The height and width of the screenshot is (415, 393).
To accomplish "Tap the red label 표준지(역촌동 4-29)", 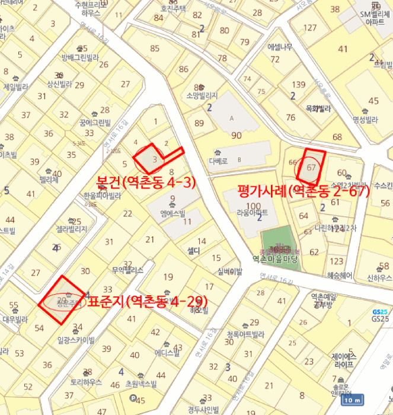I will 148,302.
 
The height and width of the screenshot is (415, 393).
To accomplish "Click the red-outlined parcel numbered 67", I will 312,167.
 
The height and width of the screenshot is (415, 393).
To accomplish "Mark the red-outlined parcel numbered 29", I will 61,300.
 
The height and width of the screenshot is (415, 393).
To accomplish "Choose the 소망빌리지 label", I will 202,95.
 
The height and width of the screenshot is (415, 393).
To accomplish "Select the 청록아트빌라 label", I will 245,334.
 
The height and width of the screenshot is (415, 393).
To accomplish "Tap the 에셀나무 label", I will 279,46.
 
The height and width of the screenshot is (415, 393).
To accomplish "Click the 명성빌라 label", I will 365,119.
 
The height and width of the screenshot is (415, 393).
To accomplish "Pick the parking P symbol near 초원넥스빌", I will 133,398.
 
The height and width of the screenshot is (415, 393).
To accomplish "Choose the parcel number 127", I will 309,27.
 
